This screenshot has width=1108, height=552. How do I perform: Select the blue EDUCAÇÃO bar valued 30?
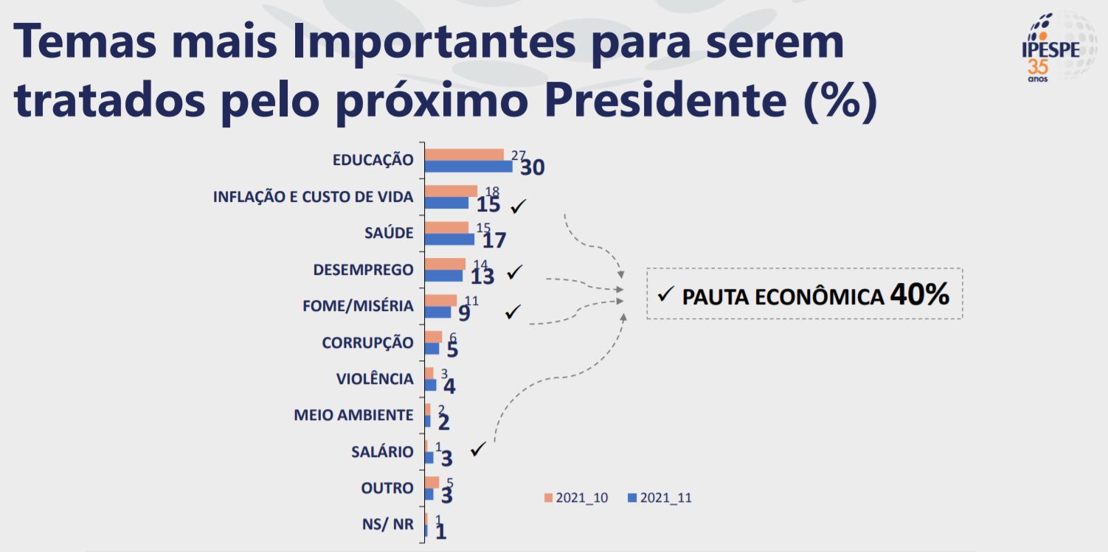point(468,166)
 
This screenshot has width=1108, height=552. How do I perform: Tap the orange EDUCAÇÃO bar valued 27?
point(464,155)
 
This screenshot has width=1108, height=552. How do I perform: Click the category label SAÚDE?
point(389,233)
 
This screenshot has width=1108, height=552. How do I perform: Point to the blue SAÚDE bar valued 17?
point(449,239)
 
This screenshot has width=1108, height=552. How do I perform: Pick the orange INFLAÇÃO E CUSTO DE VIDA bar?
point(451,191)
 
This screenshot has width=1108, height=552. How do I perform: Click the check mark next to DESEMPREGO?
point(514,273)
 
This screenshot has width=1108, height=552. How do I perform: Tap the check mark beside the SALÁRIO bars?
point(477,449)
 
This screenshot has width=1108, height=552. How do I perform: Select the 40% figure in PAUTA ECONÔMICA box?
point(919,295)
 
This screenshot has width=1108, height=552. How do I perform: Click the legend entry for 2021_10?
point(576,497)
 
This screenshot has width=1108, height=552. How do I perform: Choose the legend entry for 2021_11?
point(659,497)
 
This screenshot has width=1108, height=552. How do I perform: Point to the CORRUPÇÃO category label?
point(367,343)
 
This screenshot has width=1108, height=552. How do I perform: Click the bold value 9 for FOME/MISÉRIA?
point(464,313)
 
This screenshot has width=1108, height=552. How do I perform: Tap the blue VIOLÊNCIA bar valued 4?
point(430,385)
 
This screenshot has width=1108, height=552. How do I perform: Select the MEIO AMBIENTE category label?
point(353,415)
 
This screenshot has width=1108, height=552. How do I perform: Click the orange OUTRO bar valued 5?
point(432,482)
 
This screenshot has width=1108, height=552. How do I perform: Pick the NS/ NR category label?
point(387,525)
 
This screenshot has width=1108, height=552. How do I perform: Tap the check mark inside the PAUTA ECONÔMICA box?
point(665,295)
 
